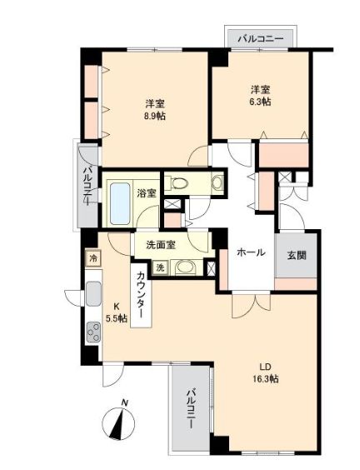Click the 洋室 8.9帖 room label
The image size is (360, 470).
click(154, 109)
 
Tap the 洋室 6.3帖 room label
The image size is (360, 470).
click(260, 95)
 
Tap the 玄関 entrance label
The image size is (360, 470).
click(297, 256)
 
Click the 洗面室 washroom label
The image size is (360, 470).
click(160, 245)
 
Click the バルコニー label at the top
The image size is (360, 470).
click(260, 38)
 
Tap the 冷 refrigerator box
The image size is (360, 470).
click(92, 258)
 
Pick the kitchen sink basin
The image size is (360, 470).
click(92, 295)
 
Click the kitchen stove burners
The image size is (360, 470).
click(90, 332)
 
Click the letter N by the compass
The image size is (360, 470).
click(124, 406)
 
